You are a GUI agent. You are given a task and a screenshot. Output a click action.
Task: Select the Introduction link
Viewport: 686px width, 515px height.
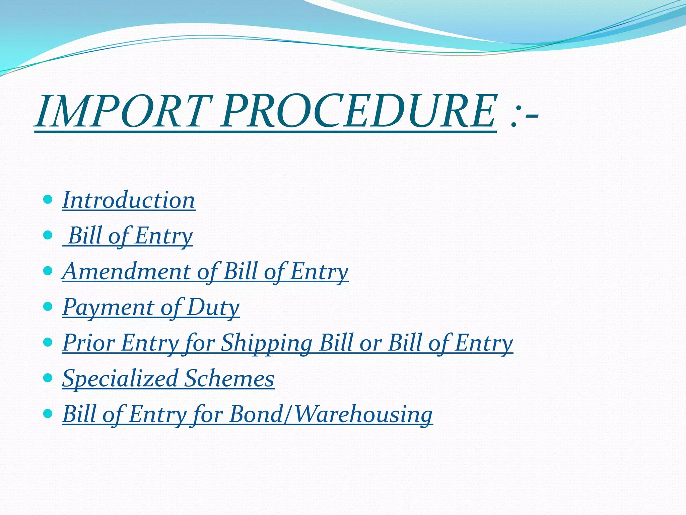tap(129, 200)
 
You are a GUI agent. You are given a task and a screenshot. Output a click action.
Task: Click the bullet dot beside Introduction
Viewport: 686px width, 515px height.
tap(48, 200)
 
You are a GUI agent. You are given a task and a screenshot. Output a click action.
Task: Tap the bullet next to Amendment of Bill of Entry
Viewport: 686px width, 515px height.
tap(48, 271)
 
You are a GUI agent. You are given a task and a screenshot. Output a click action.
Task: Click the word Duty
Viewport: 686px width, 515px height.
tap(213, 307)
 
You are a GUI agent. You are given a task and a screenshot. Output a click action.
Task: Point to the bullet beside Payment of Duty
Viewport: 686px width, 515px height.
tap(48, 306)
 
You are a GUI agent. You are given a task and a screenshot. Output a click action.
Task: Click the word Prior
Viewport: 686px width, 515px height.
tap(88, 343)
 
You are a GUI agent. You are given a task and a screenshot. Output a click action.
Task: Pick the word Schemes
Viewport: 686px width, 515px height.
tap(229, 379)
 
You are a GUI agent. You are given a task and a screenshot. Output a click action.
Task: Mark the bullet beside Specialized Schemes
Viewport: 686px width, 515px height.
tap(48, 378)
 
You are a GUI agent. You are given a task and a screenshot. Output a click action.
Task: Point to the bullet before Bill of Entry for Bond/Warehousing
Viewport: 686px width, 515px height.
tap(48, 413)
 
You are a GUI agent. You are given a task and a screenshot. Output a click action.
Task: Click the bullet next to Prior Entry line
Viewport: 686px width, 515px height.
tap(48, 342)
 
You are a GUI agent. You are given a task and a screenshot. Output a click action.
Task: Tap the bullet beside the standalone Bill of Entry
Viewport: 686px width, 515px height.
tap(48, 235)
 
